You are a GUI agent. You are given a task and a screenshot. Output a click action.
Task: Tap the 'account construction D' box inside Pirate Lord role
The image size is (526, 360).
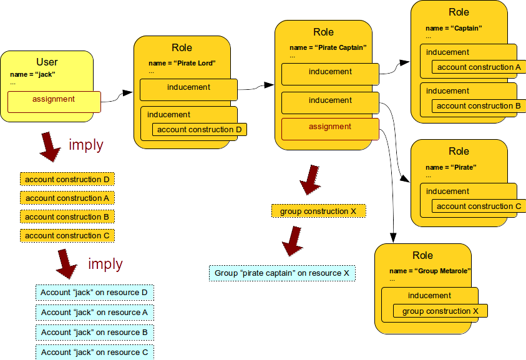pos(199,130)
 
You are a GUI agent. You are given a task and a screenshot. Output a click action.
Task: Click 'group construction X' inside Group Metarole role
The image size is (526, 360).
pos(440,311)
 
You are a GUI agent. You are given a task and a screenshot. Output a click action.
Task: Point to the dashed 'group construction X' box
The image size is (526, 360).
pos(318,212)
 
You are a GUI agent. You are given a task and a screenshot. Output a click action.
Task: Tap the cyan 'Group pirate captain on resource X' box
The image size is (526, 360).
pos(281,273)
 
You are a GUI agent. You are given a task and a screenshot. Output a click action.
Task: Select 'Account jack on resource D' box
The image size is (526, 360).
pos(94,293)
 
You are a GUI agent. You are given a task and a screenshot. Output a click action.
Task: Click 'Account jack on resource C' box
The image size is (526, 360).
pos(94,353)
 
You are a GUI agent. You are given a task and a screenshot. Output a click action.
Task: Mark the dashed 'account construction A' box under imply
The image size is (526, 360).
pos(67,198)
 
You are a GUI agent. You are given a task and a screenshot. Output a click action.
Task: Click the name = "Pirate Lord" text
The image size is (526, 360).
pos(182,63)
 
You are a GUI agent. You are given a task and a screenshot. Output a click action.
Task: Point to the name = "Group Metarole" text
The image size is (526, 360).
pos(430,271)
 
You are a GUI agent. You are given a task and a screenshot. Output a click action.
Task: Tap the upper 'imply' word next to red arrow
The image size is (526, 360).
pos(85,145)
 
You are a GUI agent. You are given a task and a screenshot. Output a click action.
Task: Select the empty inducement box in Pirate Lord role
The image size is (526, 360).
pos(188,89)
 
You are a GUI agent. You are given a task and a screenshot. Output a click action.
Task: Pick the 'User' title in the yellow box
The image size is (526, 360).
pos(47,62)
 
